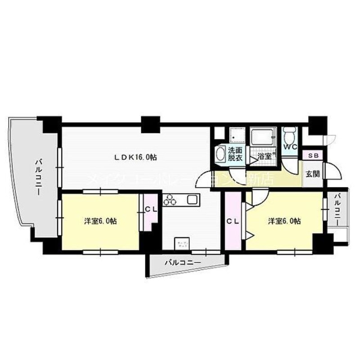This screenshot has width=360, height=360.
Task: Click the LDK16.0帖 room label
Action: click(135, 157)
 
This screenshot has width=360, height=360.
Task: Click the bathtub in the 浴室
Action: click(261, 136)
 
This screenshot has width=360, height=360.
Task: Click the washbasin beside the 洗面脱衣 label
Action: click(220, 154)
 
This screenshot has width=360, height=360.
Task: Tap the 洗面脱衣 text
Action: click(235, 154)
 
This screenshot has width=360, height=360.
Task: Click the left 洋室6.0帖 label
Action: click(101, 221)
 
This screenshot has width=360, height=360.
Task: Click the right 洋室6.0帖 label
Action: click(284, 221)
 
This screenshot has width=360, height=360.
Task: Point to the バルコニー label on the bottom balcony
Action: click(182, 261)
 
